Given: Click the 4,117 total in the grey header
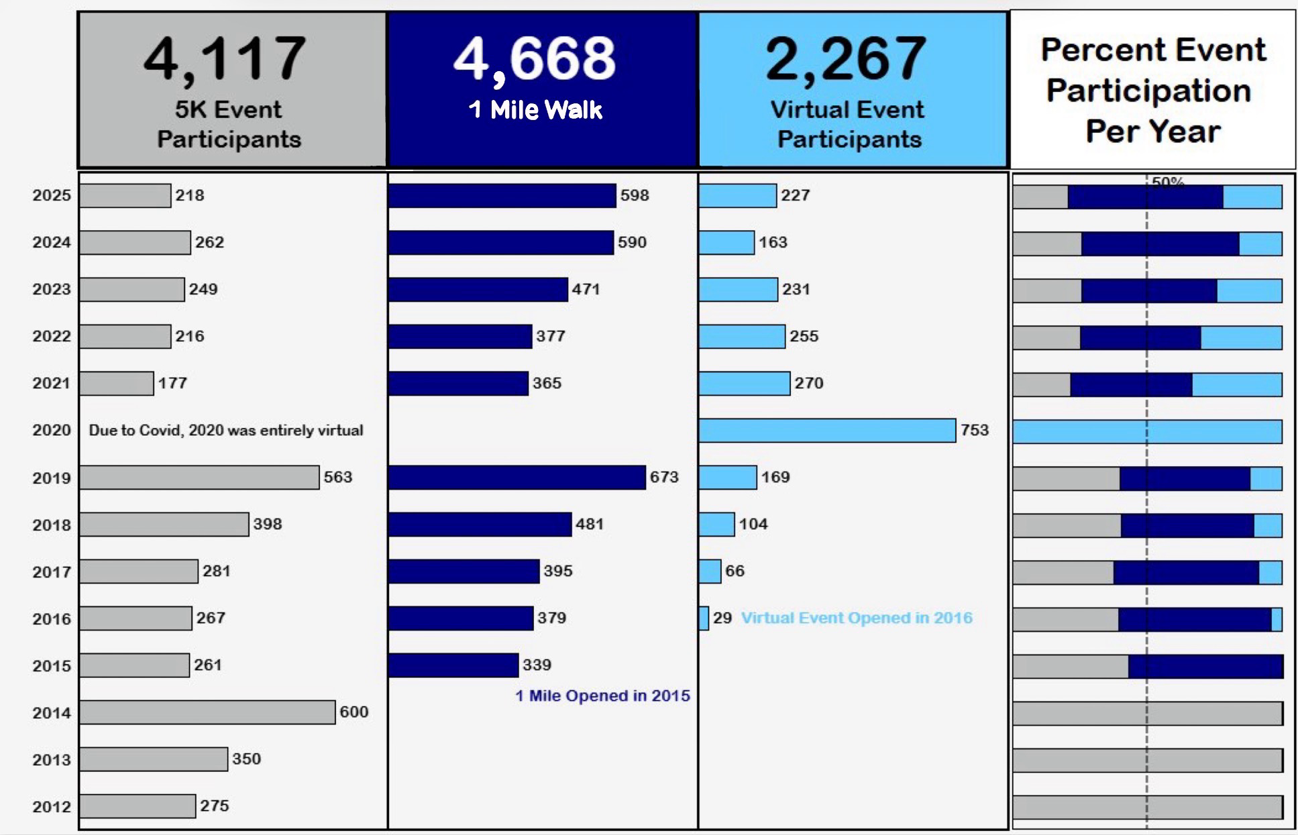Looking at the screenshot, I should click(x=225, y=59).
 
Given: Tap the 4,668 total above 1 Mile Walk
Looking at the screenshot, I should click(x=535, y=59).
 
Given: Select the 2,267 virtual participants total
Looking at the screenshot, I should click(x=846, y=59).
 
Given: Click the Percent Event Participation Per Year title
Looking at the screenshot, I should click(x=1152, y=91).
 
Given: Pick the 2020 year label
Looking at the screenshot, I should click(x=52, y=431).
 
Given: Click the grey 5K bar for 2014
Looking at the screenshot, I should click(x=207, y=712).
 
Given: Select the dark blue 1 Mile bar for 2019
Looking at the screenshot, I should click(x=517, y=478).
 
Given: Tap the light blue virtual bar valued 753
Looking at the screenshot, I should click(x=827, y=431).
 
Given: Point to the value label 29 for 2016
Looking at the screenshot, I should click(x=722, y=618).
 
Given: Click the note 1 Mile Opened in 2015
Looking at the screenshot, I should click(x=602, y=695).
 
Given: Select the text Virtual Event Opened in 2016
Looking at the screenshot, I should click(x=857, y=618).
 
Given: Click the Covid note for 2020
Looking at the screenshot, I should click(x=226, y=431).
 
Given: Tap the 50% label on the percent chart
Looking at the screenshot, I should click(x=1168, y=182).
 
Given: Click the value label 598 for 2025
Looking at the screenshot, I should click(x=635, y=195).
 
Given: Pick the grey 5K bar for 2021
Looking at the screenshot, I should click(x=117, y=384).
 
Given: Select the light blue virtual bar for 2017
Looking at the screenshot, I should click(x=710, y=571).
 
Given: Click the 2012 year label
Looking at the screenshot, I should click(x=52, y=806).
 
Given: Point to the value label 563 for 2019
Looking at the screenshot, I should click(x=338, y=477).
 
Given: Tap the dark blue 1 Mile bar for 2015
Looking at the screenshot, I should click(x=453, y=665).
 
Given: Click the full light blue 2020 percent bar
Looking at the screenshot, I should click(x=1147, y=431).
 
